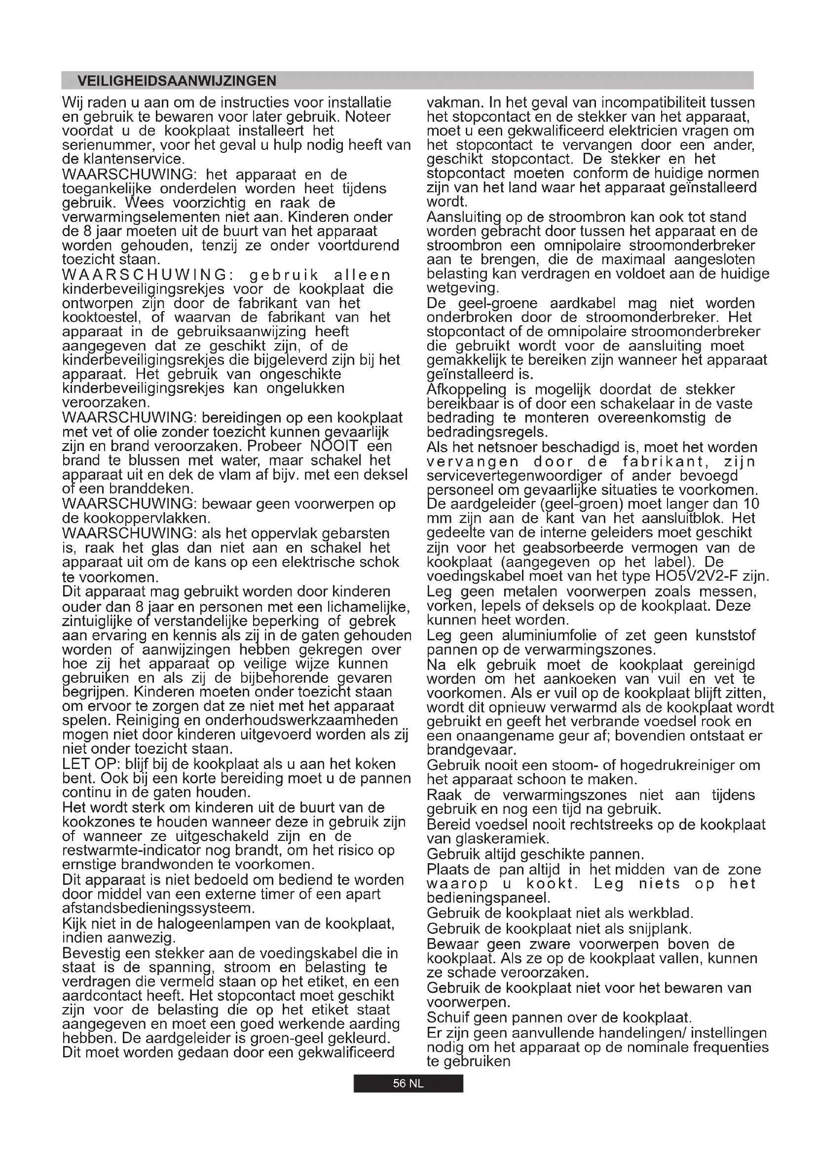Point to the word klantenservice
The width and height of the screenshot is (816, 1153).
coord(133,159)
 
